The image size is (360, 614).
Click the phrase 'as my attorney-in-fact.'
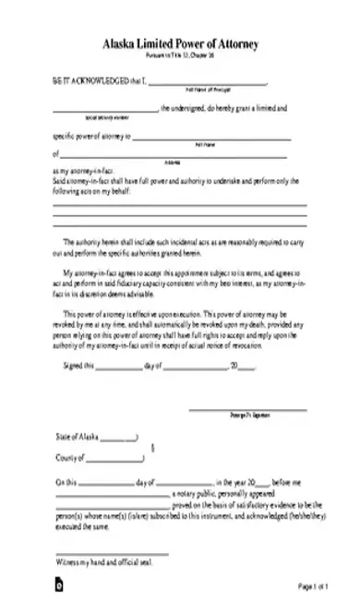(x=85, y=172)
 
